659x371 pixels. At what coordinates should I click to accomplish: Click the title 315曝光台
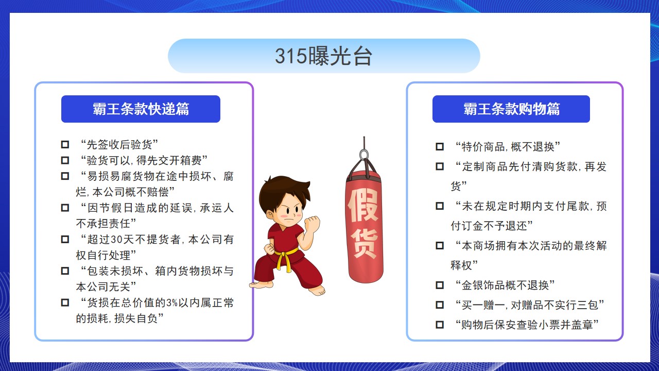324,56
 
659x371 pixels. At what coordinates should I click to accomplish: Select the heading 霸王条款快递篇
141,109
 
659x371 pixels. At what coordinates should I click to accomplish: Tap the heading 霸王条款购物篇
512,109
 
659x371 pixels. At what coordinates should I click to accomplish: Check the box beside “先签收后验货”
65,145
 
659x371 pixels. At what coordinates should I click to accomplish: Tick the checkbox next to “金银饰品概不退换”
440,285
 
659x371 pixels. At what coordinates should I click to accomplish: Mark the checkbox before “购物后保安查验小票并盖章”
440,325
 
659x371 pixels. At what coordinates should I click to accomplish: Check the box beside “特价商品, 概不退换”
440,147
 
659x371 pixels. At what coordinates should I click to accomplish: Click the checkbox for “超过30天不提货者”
65,240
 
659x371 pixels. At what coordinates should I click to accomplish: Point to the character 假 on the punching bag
363,205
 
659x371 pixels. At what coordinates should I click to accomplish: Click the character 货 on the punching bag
364,243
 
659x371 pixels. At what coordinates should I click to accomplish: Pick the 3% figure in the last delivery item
171,302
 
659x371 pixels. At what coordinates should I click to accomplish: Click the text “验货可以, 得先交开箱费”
144,160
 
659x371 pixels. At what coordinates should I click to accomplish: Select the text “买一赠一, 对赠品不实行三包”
530,305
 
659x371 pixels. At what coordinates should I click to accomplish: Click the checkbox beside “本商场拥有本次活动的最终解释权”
440,246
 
